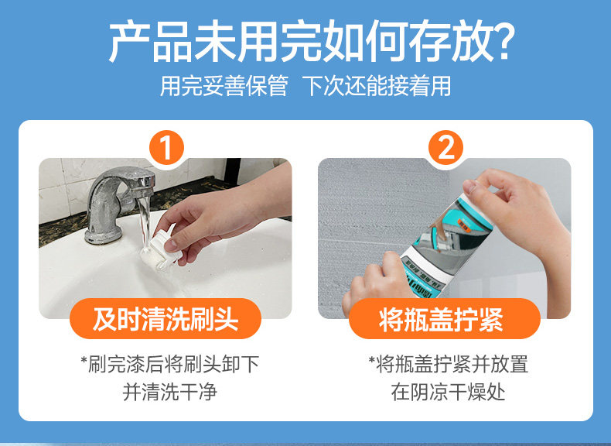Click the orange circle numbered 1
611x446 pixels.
tap(166, 148)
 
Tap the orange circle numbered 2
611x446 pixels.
tap(445, 148)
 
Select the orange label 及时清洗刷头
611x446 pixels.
tap(166, 319)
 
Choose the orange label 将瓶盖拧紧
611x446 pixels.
tap(445, 319)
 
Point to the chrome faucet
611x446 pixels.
tap(119, 203)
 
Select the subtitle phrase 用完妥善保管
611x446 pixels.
tap(224, 86)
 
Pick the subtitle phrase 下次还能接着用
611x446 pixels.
tap(377, 86)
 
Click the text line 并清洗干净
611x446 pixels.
tap(169, 392)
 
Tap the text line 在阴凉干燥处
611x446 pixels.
tap(448, 392)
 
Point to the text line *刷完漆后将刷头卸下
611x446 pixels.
tap(170, 364)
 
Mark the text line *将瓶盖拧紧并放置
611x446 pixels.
tap(448, 364)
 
